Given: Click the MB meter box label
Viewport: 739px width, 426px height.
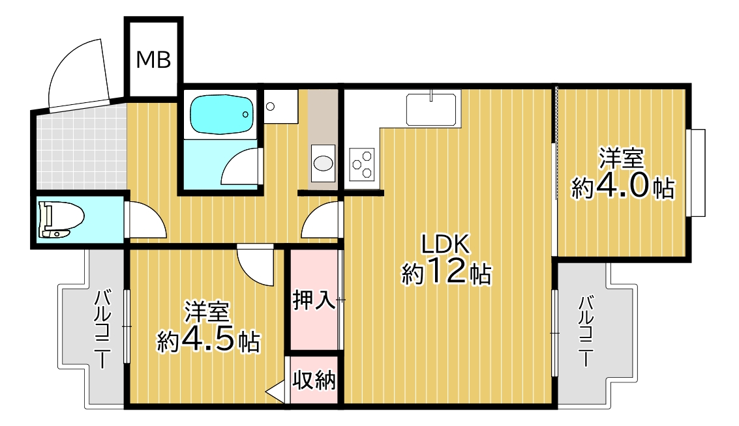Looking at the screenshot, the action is (x=153, y=60).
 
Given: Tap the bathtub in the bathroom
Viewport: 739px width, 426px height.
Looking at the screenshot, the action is (x=222, y=115).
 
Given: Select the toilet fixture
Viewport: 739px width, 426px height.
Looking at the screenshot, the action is (x=61, y=220).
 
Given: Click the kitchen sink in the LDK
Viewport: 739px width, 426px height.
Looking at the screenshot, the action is (x=431, y=109).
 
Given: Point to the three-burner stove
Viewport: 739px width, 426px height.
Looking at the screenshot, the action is (x=361, y=164).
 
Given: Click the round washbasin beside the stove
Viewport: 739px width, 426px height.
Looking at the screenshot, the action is (x=323, y=163).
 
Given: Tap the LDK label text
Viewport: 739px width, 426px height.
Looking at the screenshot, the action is (x=445, y=244).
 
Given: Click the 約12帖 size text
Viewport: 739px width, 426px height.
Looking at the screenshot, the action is (x=446, y=272).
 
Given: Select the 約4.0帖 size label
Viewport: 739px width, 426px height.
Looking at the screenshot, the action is (x=622, y=187).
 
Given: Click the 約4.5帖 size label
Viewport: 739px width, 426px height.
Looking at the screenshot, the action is (x=208, y=340).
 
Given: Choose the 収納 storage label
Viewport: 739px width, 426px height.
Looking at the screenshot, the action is (x=314, y=380).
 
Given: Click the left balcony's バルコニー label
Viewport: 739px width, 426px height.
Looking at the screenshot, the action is (x=103, y=330).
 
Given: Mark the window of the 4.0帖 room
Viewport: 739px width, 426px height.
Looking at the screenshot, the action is (x=696, y=173).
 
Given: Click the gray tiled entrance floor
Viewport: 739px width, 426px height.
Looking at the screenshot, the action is (x=81, y=149).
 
